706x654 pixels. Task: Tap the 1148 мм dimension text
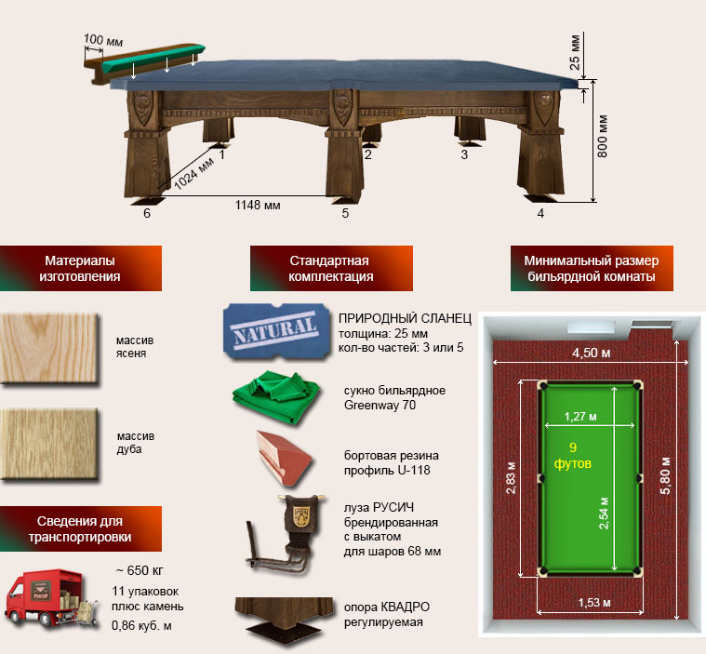pos(257,203)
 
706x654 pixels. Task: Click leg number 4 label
pos(540,213)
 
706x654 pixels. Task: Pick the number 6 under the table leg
pos(146,213)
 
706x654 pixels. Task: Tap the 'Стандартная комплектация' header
pos(330,269)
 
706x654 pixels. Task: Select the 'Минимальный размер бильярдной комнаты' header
pos(591,269)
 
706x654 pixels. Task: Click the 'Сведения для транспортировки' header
pos(81,528)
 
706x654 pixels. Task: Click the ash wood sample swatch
pos(49,347)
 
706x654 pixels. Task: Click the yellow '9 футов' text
pos(579,454)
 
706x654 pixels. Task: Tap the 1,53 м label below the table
pos(590,604)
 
